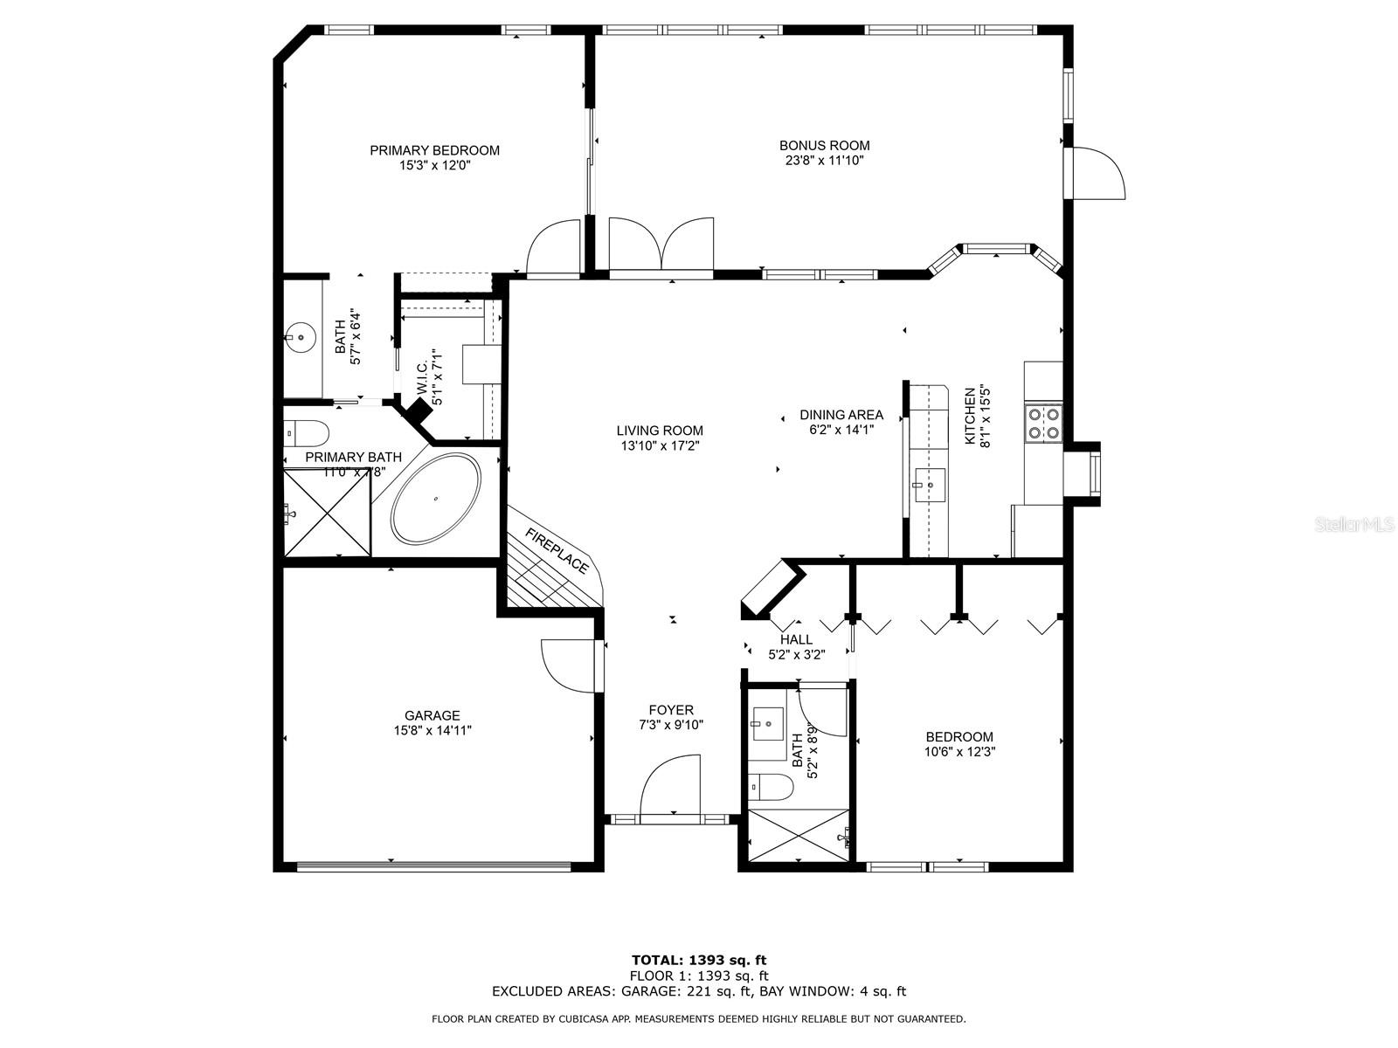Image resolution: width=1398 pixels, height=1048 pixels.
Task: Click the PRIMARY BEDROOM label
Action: tap(434, 150)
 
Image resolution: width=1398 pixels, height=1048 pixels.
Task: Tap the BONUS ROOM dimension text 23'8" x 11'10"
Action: tap(824, 161)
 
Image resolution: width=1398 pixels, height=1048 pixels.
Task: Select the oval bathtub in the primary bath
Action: tap(435, 499)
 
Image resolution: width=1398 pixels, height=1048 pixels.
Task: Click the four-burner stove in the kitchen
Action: tap(1043, 423)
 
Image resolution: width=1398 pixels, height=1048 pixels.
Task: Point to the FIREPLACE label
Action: tap(557, 551)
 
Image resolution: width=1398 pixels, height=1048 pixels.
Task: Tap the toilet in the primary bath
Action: tap(307, 431)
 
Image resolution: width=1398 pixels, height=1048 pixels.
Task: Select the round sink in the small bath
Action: tap(301, 335)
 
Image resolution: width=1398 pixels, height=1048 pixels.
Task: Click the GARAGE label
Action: tap(432, 715)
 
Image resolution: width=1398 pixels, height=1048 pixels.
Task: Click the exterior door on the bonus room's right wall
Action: tap(1096, 174)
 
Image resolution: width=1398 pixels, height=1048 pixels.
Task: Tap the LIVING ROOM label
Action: tap(659, 431)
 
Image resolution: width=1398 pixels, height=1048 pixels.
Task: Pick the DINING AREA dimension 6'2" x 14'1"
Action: tap(841, 430)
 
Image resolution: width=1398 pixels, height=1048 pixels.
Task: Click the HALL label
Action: tap(796, 639)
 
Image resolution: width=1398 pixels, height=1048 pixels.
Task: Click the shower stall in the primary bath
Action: tap(326, 513)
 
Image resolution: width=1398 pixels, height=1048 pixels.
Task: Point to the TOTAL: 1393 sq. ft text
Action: tap(699, 961)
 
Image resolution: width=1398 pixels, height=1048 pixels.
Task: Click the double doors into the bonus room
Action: tap(661, 244)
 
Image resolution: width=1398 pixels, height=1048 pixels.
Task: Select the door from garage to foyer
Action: tap(569, 666)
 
